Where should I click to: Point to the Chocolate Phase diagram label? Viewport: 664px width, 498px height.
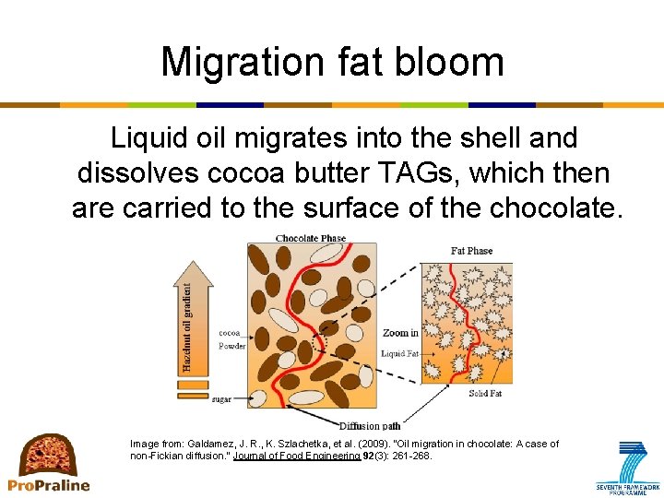click(311, 238)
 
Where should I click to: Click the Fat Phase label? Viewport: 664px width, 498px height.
click(471, 250)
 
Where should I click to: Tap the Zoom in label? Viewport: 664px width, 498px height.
click(400, 333)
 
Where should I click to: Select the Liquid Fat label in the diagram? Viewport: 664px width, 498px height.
click(399, 353)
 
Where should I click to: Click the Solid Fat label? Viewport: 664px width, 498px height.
click(484, 394)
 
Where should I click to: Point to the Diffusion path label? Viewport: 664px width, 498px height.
click(369, 425)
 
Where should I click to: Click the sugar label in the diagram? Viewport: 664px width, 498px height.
click(221, 399)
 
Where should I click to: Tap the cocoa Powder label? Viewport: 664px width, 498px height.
click(231, 339)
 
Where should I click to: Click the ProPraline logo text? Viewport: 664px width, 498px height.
click(49, 485)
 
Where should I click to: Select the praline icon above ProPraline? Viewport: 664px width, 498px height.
click(49, 454)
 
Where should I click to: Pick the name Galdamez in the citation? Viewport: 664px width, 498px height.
click(217, 444)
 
